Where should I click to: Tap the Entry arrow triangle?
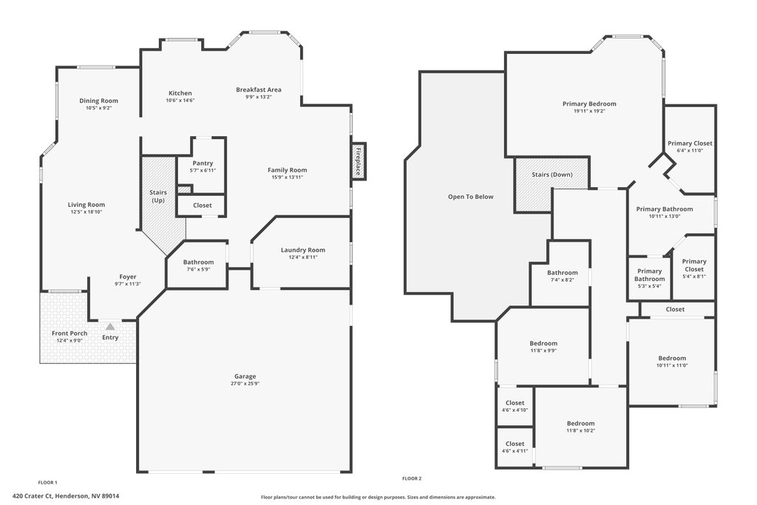pos(111,327)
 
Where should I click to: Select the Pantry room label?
pos(203,163)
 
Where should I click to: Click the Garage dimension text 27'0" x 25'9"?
pos(245,384)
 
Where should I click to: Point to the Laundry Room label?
pos(303,250)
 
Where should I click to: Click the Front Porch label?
pos(69,333)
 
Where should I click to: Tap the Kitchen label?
pos(180,93)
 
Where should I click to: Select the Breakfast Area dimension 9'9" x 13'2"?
pos(259,97)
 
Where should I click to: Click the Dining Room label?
pos(99,101)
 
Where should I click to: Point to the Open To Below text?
pos(471,197)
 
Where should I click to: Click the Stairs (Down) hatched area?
pos(552,184)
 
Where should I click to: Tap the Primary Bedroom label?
pos(589,104)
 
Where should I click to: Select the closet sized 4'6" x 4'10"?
pos(515,407)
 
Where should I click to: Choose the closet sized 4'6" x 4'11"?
pos(515,447)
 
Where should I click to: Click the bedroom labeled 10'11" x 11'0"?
pos(672,361)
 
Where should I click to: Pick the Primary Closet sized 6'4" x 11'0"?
pos(690,146)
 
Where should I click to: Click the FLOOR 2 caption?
pos(412,478)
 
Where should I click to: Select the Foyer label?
pos(128,277)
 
